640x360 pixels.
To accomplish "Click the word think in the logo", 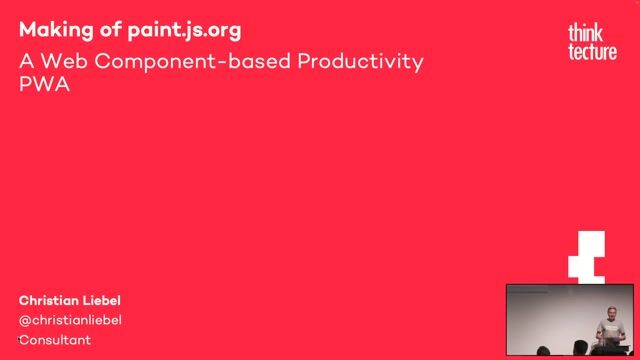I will pyautogui.click(x=585, y=34).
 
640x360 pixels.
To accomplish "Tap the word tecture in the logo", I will pyautogui.click(x=591, y=52).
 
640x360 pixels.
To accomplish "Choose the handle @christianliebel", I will pyautogui.click(x=70, y=320).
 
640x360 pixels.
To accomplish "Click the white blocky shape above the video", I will pyautogui.click(x=587, y=256).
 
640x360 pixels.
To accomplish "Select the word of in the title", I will pyautogui.click(x=100, y=28).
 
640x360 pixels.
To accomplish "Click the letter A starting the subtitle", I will pyautogui.click(x=26, y=62).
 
